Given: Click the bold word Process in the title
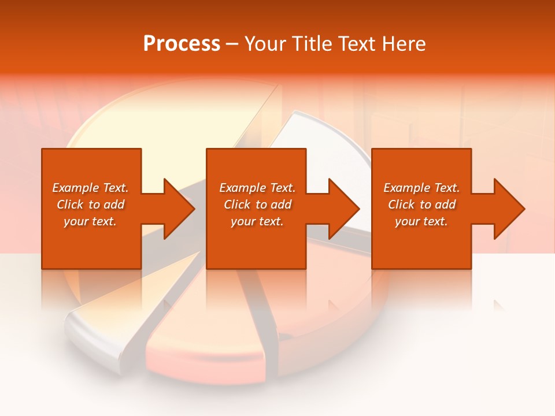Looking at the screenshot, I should point(182,44).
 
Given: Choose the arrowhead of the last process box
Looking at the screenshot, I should point(508,209).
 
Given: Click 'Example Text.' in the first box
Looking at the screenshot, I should point(90,188).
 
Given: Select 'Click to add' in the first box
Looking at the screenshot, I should point(90,205).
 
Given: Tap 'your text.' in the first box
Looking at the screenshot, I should point(90,221).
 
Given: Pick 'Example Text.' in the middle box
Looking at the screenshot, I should point(257,188).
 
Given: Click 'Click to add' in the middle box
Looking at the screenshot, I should point(257,205).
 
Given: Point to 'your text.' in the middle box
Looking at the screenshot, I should point(257,221).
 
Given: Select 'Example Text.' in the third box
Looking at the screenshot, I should point(421,188).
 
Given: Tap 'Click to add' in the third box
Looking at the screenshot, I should point(421,205).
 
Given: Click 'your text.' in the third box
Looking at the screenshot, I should point(421,221).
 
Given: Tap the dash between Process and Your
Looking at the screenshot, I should point(232,44).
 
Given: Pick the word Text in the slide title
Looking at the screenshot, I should point(356,44).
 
